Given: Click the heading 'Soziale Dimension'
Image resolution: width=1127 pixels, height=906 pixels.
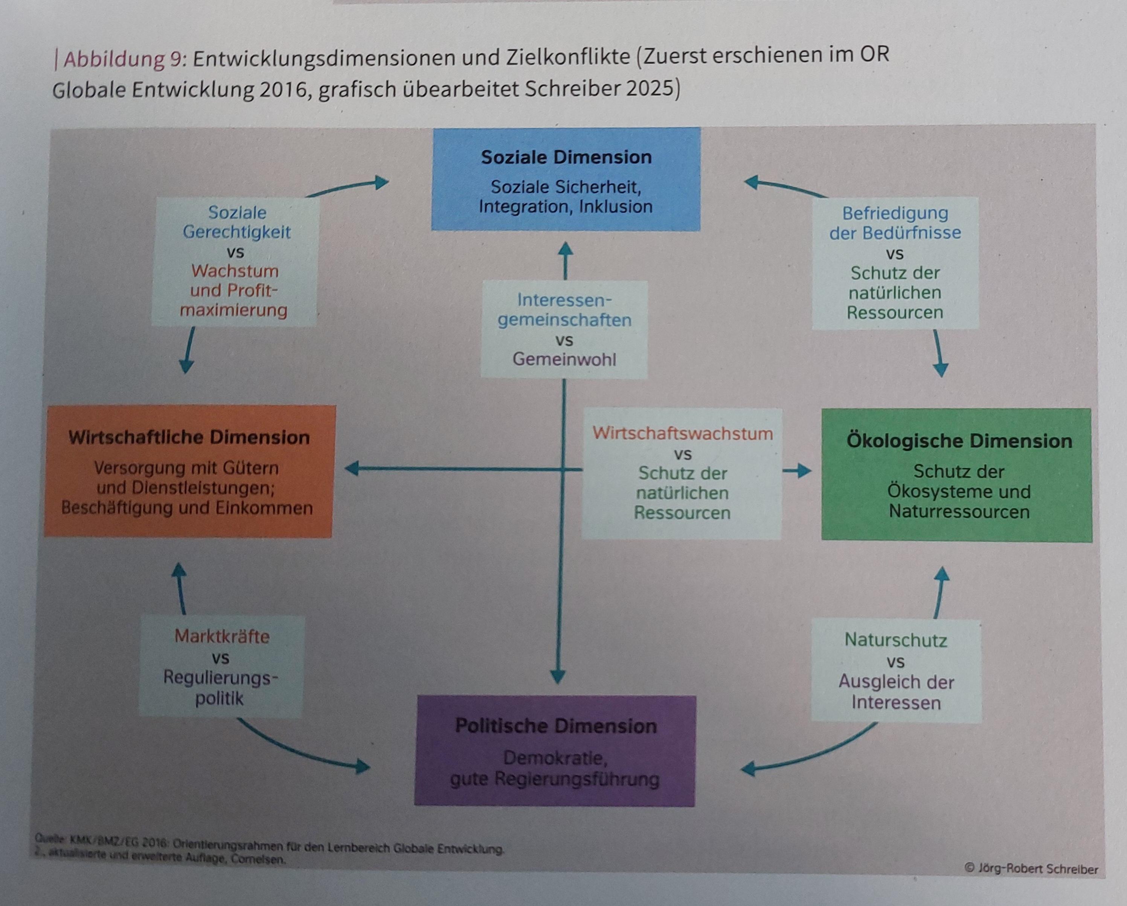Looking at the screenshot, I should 566,157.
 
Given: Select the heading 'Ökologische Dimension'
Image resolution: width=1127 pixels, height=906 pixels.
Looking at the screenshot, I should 959,441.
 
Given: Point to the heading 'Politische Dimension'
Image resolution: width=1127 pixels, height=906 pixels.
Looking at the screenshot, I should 556,726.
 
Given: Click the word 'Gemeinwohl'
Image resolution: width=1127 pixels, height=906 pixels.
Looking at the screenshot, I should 564,359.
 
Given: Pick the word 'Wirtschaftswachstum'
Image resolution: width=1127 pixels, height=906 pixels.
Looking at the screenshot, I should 682,433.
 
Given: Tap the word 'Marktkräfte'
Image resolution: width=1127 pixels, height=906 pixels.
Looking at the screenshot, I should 222,636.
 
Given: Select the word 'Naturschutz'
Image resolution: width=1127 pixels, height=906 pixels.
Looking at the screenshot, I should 895,640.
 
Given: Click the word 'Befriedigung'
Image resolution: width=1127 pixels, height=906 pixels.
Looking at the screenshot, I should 895,213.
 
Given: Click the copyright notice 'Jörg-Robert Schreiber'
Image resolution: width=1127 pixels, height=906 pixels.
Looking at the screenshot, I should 1038,868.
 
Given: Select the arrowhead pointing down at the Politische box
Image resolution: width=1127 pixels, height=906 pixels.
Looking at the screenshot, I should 558,677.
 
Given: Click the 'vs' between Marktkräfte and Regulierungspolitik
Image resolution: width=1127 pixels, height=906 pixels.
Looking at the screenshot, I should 221,658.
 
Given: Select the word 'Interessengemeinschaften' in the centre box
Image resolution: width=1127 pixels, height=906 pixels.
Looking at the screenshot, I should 564,310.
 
